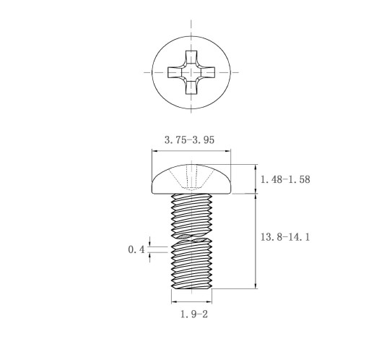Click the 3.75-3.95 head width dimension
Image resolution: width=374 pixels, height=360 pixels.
pyautogui.click(x=189, y=140)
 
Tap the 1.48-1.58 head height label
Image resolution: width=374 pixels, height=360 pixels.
pyautogui.click(x=285, y=179)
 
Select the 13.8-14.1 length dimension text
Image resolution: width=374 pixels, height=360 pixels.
pyautogui.click(x=285, y=237)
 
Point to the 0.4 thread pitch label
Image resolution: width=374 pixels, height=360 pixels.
pyautogui.click(x=136, y=249)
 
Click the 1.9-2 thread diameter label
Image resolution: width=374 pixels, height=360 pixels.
pyautogui.click(x=194, y=314)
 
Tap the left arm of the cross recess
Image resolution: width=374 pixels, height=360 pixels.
pyautogui.click(x=175, y=72)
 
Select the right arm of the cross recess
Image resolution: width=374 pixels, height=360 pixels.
pyautogui.click(x=207, y=72)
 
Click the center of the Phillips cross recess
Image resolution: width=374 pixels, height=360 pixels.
pyautogui.click(x=191, y=72)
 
